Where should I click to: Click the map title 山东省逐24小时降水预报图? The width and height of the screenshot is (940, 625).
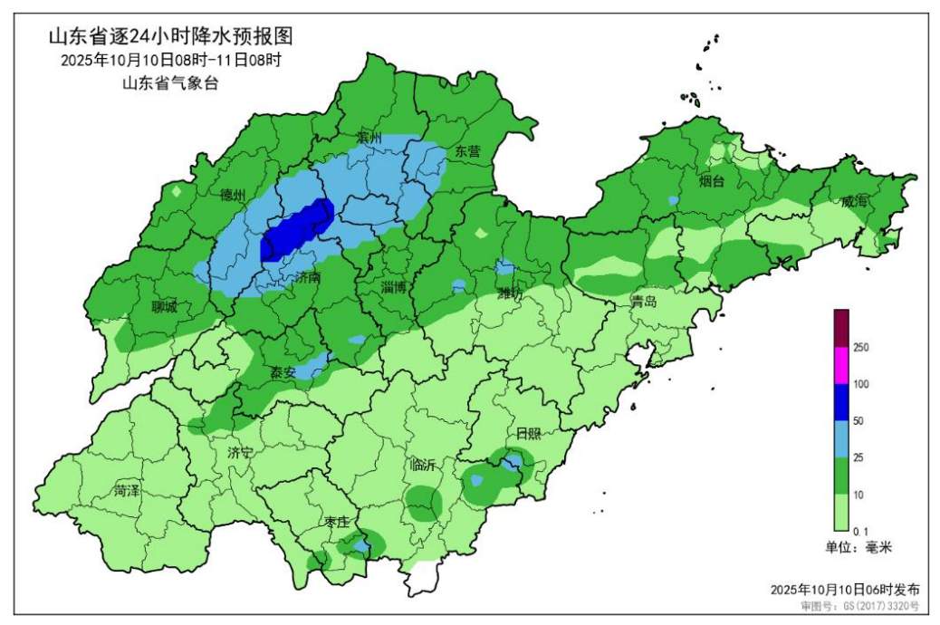(x=172, y=37)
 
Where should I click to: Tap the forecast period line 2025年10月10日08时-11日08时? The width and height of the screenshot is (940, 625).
(x=172, y=61)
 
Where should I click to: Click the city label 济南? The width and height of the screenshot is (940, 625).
(x=308, y=279)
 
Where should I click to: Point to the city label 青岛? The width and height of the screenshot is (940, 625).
(x=644, y=303)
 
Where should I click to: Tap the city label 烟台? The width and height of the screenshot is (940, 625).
(x=712, y=181)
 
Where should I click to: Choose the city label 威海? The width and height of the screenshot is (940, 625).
(x=854, y=202)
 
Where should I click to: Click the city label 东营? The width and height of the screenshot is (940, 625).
(x=467, y=151)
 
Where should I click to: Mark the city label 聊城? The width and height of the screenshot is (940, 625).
(x=164, y=306)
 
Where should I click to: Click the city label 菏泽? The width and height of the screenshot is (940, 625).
(x=127, y=491)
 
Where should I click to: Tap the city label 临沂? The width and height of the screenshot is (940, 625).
(x=423, y=465)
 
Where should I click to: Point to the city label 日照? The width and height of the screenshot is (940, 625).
(x=528, y=433)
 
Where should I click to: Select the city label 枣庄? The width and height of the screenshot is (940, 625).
(x=337, y=523)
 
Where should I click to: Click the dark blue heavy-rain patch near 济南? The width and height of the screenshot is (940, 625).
(x=297, y=230)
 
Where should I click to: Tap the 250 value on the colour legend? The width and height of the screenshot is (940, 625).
(x=861, y=348)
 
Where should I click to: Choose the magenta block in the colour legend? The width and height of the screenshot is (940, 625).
(x=841, y=366)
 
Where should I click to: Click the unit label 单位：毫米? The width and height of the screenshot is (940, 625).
(x=858, y=547)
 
